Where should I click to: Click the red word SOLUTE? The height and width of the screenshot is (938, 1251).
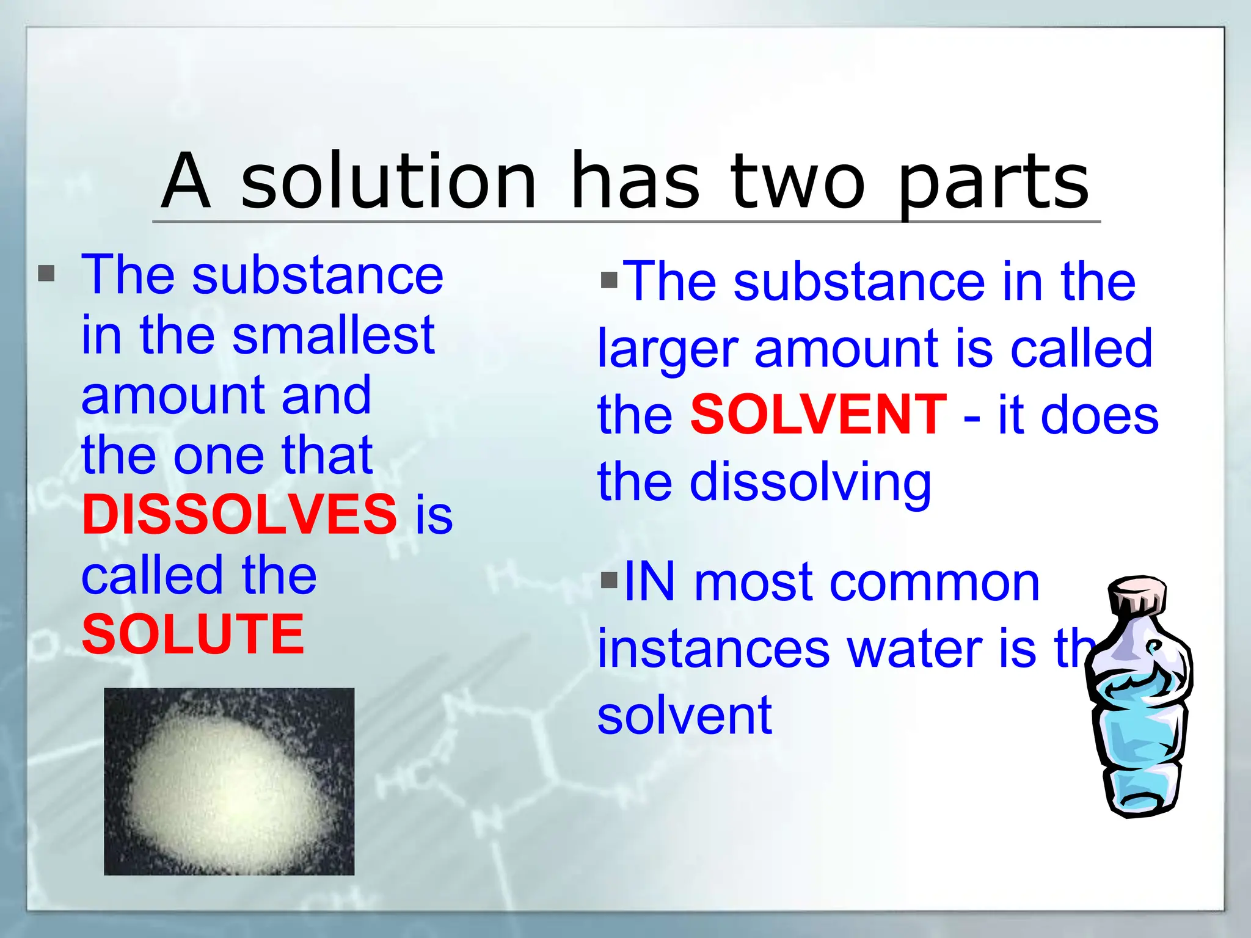[193, 634]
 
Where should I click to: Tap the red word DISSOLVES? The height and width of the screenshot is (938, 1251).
[239, 514]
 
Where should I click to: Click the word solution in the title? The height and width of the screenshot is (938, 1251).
[388, 181]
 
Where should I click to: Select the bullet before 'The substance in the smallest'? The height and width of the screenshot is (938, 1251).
[46, 273]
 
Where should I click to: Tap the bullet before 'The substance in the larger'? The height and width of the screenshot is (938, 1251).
[609, 280]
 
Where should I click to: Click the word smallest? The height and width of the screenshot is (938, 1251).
[333, 335]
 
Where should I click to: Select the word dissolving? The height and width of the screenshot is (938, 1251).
[810, 482]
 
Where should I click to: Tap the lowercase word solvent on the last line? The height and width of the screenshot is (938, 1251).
[684, 715]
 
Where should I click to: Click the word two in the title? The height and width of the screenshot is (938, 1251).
[798, 181]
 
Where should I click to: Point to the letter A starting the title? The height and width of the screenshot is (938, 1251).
[186, 181]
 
